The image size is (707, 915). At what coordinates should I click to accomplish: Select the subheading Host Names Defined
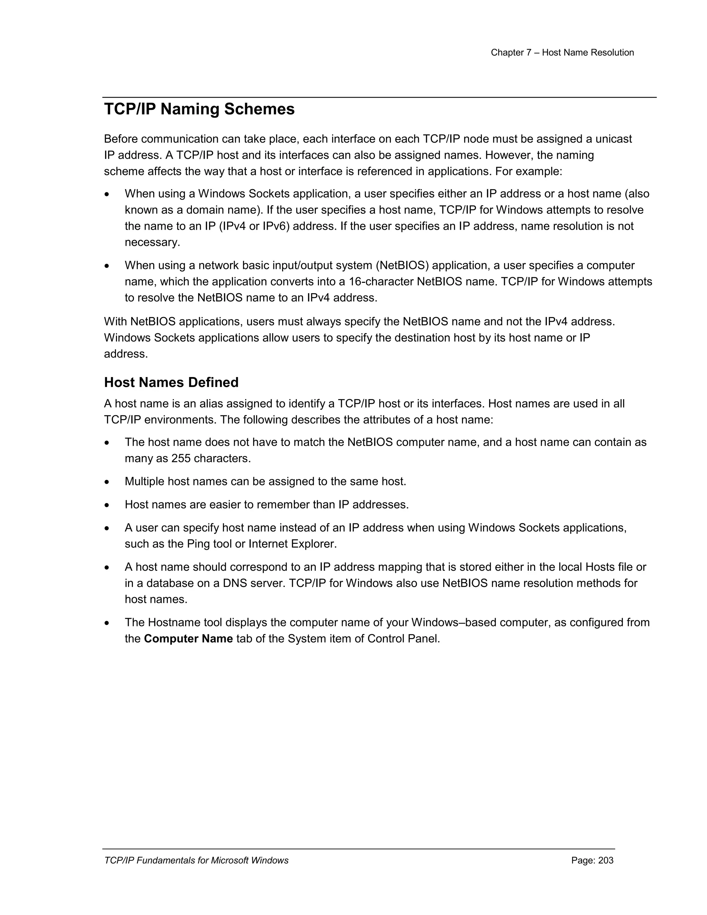171,382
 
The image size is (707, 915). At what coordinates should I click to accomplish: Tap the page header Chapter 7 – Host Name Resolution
562,53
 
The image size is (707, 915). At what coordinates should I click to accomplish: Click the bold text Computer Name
188,638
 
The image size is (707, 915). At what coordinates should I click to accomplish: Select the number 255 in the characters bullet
181,458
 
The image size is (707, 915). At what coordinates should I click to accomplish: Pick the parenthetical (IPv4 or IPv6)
254,226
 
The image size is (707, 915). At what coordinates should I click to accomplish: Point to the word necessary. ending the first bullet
153,242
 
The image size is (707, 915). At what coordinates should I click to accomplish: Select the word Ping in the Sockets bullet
198,544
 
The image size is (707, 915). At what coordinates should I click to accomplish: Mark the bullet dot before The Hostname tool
107,623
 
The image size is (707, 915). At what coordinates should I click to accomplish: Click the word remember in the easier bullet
283,504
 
